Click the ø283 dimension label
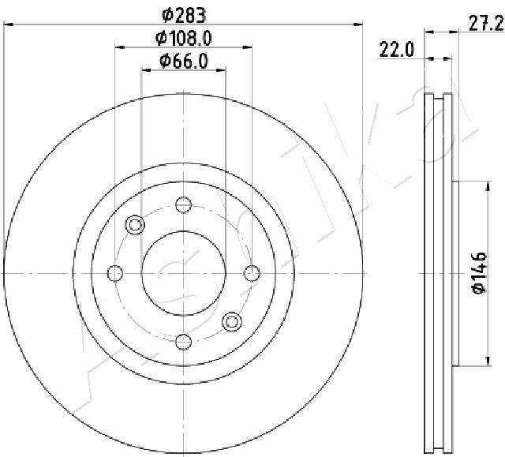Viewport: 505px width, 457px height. tap(184, 15)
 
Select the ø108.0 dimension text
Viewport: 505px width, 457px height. tap(184, 39)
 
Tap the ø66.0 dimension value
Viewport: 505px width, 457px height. tap(184, 62)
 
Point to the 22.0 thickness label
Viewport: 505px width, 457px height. tap(396, 50)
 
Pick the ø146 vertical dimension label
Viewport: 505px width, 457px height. tap(480, 273)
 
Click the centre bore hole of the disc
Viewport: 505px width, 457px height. tap(184, 273)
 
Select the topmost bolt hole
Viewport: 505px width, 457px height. tap(184, 204)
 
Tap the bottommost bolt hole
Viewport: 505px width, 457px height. tap(184, 342)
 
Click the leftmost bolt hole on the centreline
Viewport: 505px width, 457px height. tap(115, 273)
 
